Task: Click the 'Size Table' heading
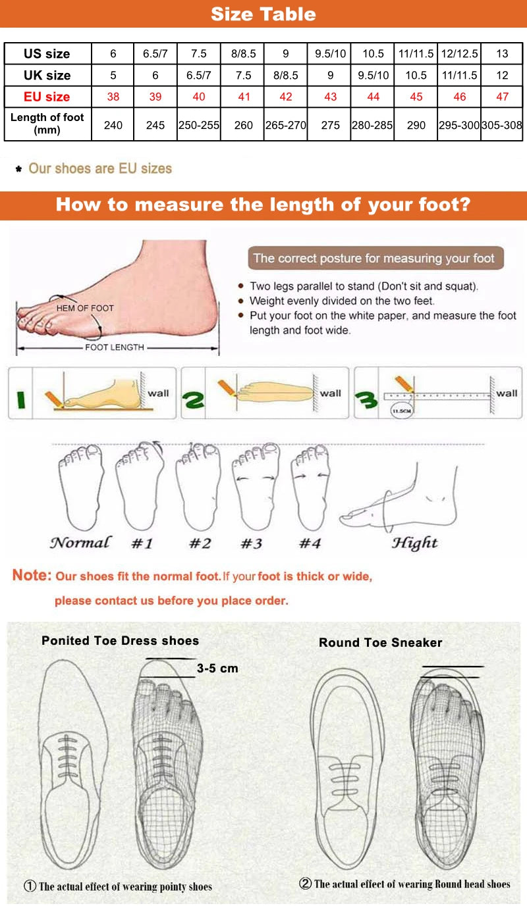coord(263,14)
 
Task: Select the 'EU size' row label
coord(47,97)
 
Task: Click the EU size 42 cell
coord(285,97)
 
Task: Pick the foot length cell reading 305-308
coord(502,124)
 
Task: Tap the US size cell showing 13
coord(502,54)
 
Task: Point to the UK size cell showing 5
coord(113,76)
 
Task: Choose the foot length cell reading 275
coord(330,124)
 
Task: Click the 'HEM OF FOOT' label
coord(84,308)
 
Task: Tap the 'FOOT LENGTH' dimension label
coord(114,347)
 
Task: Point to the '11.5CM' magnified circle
coord(401,411)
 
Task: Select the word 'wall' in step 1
coord(158,393)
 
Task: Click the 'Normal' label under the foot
coord(80,543)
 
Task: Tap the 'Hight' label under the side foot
coord(414,543)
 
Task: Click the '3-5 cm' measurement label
coord(217,668)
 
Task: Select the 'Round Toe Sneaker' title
coord(380,643)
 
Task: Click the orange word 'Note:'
coord(32,576)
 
